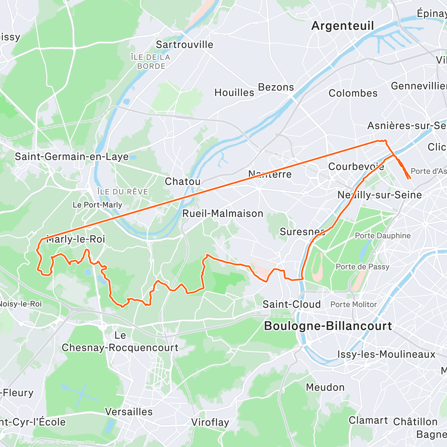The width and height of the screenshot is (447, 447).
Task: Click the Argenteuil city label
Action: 342,26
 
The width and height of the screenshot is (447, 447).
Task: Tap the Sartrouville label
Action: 184,45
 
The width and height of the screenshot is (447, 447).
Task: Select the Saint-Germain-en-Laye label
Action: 72,156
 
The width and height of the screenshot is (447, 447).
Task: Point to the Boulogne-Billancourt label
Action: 328,326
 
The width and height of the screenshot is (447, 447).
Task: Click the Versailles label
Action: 129,412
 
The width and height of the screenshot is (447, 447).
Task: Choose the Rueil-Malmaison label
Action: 223,213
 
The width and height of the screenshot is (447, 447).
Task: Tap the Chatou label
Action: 183,181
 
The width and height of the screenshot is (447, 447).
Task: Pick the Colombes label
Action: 353,93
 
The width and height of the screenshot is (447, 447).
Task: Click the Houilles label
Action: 234,92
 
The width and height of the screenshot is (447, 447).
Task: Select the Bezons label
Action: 276,87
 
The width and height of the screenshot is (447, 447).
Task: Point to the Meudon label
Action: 325,387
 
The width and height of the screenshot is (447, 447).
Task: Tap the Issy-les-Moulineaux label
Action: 386,354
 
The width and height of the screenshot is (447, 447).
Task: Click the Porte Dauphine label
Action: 383,236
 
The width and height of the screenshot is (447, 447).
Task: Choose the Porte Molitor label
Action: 354,304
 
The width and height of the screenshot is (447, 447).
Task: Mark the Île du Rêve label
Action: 123,192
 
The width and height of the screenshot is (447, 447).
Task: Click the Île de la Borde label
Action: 150,61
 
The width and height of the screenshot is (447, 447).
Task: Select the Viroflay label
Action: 210,422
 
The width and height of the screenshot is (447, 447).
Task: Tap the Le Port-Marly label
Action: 97,205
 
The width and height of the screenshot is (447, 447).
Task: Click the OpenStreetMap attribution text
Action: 78,442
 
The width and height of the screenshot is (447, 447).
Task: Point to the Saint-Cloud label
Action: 291,304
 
